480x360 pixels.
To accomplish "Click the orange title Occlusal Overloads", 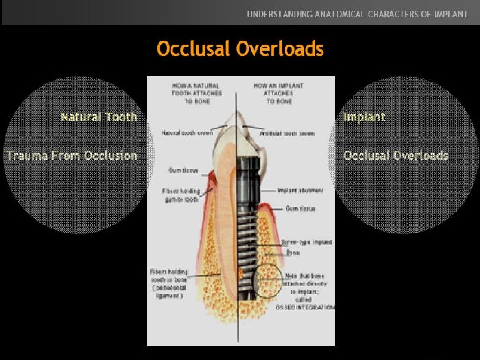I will [x=240, y=49].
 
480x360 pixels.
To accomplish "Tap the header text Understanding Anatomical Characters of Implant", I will [x=357, y=14].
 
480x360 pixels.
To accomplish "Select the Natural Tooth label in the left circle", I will [x=99, y=117].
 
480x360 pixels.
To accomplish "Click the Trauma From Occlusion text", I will [x=72, y=156].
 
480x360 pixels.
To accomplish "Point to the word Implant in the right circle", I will [x=364, y=117].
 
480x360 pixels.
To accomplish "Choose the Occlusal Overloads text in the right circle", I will [x=396, y=156].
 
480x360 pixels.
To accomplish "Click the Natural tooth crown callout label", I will [x=187, y=133].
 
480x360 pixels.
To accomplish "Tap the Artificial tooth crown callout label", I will [x=287, y=134].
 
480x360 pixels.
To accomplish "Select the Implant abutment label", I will [x=300, y=191].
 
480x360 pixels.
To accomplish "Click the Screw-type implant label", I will [x=307, y=242].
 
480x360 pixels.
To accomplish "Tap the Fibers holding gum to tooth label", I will [x=180, y=195].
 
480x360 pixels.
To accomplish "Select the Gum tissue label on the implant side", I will [x=300, y=209].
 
